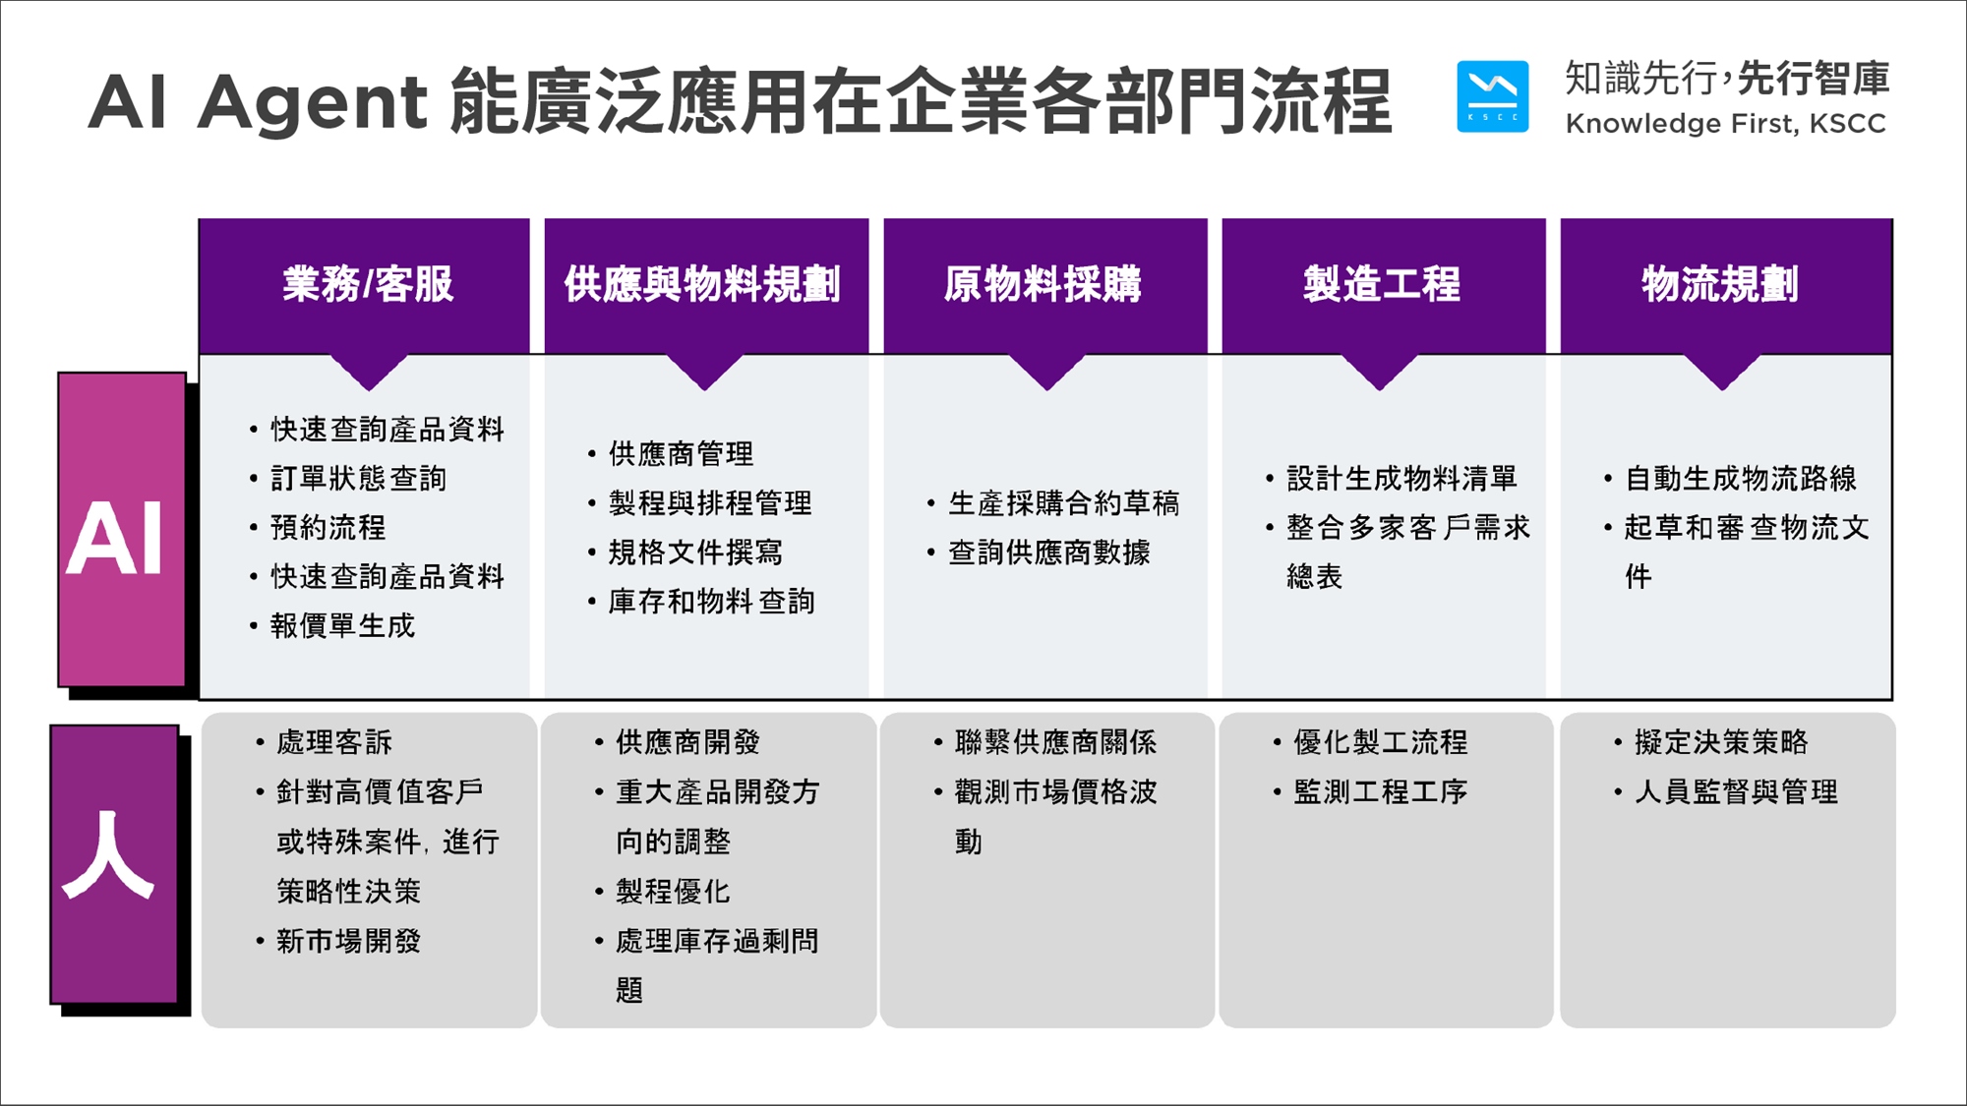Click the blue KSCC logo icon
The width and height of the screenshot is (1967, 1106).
coord(1492,96)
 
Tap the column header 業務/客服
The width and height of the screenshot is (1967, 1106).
coord(368,284)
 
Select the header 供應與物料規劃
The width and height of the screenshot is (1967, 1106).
coord(702,284)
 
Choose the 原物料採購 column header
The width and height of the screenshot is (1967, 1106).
coord(1043,284)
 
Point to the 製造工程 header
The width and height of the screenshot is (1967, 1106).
coord(1382,284)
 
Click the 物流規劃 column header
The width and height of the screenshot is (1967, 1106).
coord(1720,284)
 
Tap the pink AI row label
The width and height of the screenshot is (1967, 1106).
coord(122,530)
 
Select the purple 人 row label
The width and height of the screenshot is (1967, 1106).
coord(114,864)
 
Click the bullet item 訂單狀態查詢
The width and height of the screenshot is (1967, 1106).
coord(358,479)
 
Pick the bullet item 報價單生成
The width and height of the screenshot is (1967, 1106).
coord(342,626)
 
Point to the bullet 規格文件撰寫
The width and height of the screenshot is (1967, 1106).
coord(695,553)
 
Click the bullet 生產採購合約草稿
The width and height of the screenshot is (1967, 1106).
coord(1063,503)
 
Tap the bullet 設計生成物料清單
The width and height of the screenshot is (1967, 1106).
coord(1401,479)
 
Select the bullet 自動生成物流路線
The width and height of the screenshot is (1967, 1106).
coord(1740,479)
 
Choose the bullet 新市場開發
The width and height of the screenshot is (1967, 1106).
coord(348,941)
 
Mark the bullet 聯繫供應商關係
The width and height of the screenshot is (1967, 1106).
coord(1055,742)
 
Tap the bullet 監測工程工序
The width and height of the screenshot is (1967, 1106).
coord(1380,792)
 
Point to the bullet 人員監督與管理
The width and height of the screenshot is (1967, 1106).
coord(1736,792)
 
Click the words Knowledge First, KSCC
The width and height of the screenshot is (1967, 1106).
coord(1725,124)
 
